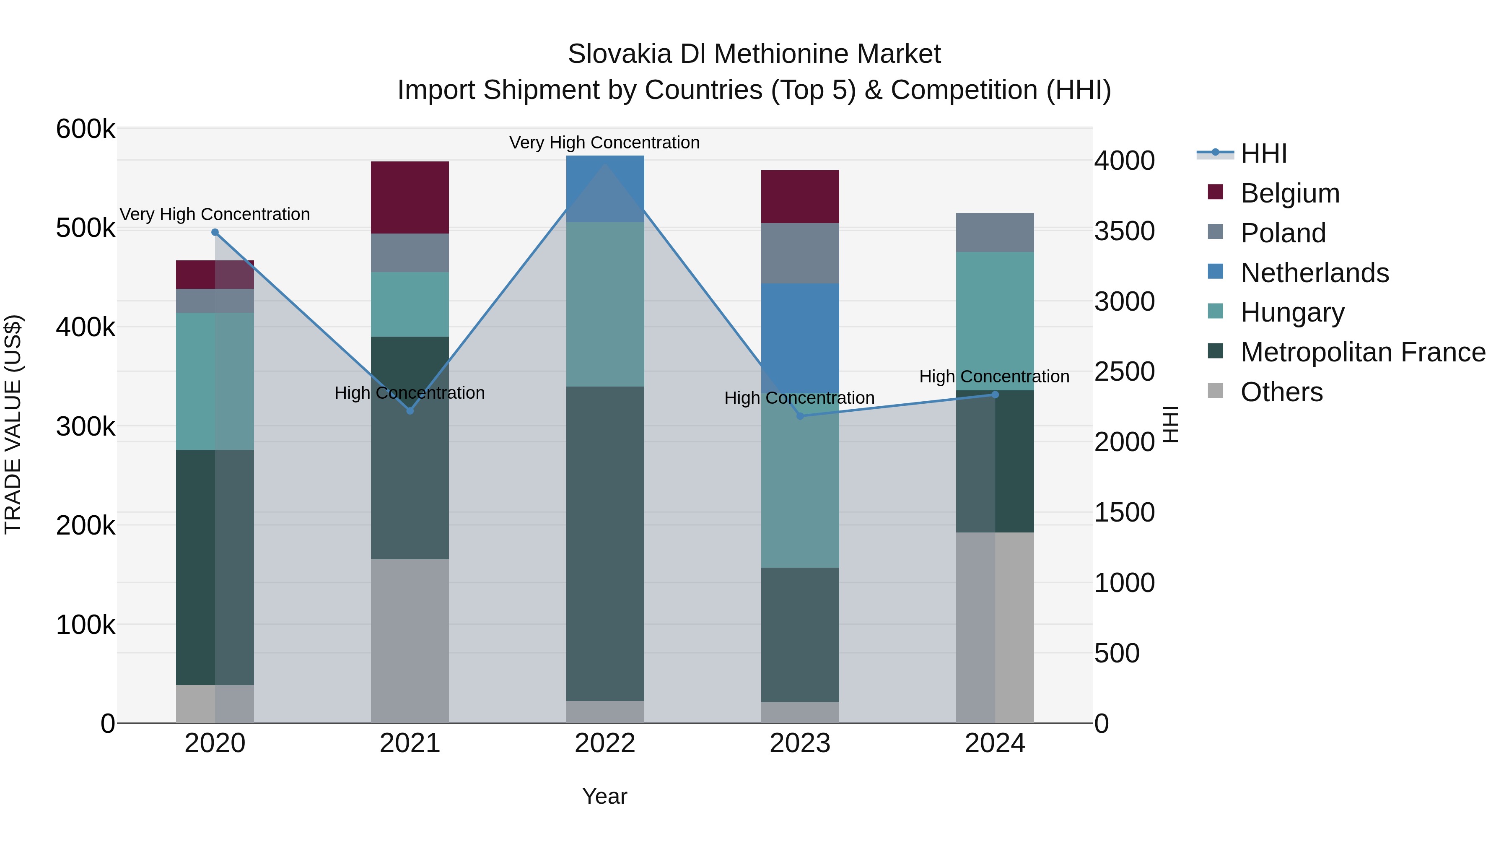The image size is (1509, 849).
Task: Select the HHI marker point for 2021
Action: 410,411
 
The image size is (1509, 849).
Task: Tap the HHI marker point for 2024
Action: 995,395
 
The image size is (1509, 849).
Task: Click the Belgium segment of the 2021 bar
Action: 410,197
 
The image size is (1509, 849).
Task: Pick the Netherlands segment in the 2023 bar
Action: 800,337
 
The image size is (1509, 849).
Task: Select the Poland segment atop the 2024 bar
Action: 995,233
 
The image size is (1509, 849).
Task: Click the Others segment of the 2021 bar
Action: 410,641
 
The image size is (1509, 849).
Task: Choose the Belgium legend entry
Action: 1289,193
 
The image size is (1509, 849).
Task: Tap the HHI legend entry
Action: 1263,153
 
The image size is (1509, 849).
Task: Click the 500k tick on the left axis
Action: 86,228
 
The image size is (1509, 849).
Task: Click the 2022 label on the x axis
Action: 605,743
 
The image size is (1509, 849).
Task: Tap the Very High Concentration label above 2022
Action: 604,143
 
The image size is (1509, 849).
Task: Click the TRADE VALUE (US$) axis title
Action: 13,424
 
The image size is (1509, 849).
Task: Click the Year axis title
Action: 604,796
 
